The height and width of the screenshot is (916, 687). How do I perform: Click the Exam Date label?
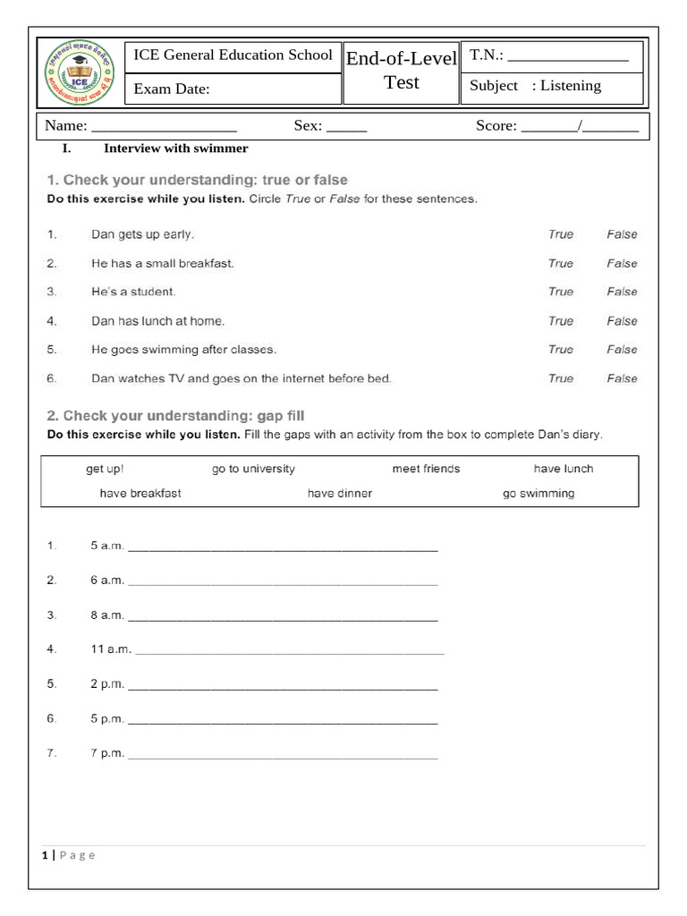click(172, 89)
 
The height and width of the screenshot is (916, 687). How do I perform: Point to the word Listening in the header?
click(572, 86)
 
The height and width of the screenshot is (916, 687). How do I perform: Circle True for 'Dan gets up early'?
click(561, 234)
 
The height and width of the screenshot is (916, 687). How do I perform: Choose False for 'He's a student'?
click(622, 292)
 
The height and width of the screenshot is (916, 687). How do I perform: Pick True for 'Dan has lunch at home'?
click(561, 320)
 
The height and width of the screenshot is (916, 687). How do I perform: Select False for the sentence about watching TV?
click(622, 378)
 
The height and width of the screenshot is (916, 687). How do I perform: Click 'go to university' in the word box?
click(253, 469)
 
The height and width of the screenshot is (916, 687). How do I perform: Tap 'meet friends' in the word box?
click(426, 469)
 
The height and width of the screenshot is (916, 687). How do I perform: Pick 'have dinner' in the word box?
click(340, 493)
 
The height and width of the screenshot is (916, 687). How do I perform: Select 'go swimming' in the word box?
click(539, 493)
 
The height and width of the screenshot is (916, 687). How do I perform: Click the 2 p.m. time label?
click(107, 684)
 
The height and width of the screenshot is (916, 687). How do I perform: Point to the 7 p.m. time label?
click(107, 753)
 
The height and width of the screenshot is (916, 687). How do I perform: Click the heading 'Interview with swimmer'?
click(176, 148)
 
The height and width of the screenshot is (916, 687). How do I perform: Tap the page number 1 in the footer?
click(45, 855)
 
